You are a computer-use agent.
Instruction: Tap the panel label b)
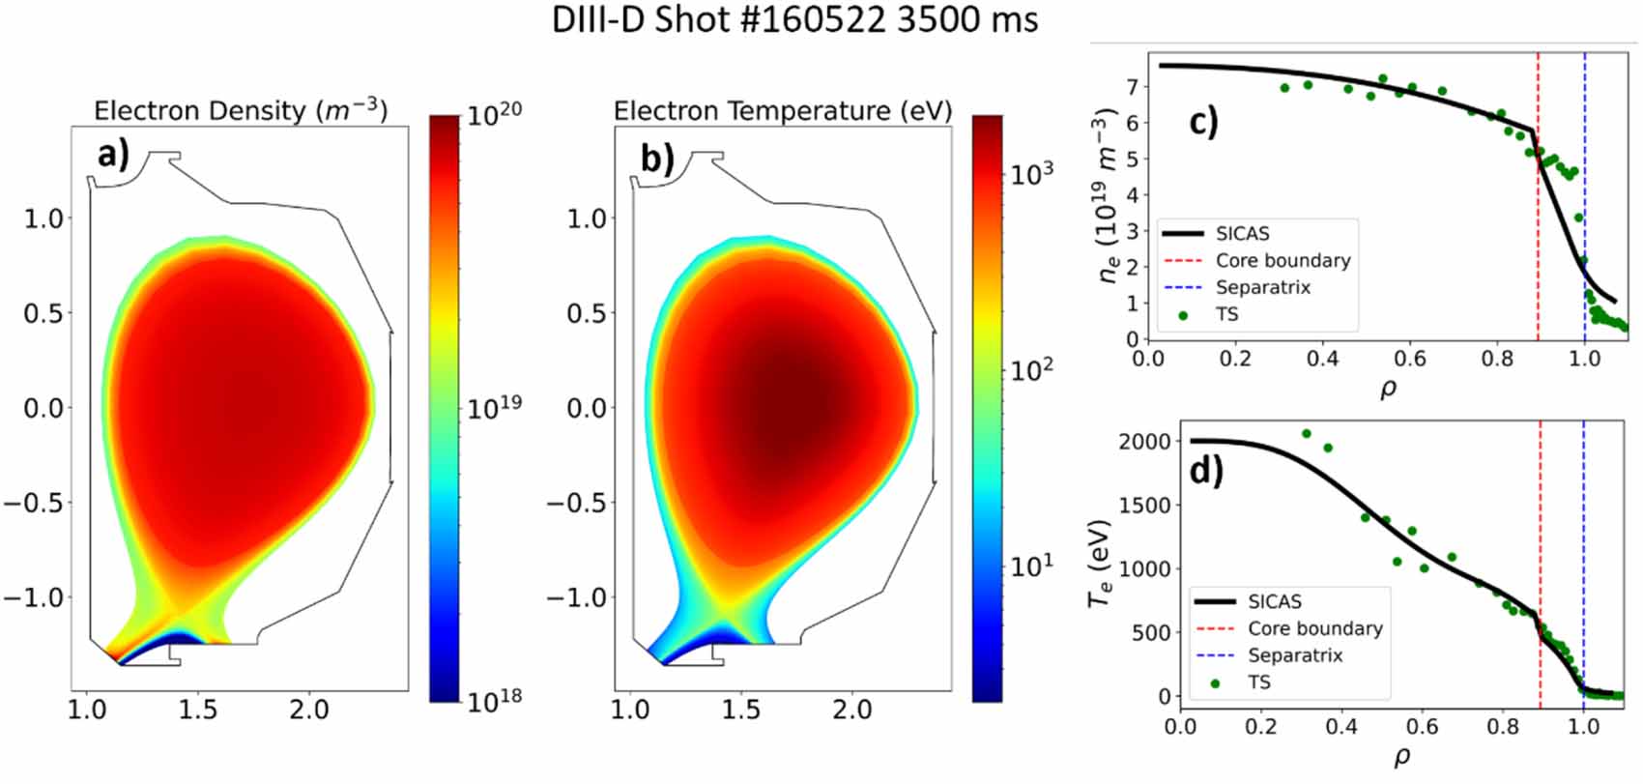[657, 157]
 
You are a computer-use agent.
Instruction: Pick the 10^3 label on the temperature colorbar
[1031, 174]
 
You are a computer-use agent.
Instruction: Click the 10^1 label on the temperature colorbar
[1031, 566]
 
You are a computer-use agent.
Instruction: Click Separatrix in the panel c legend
[1262, 287]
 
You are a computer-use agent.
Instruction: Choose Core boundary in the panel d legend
[1314, 628]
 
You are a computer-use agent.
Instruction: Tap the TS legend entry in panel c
[1226, 314]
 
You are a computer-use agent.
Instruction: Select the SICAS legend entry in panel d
[1274, 601]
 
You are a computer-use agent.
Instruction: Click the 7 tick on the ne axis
[1132, 86]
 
